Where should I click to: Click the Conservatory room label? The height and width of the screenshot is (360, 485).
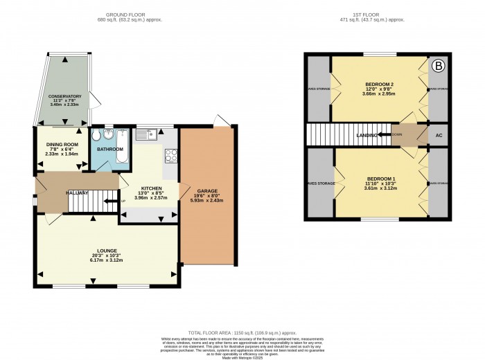tap(65, 96)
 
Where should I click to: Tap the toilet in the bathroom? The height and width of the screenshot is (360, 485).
tap(107, 135)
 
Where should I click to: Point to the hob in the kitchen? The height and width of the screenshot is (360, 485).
tap(170, 156)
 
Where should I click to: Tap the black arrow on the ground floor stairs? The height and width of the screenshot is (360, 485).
tap(107, 201)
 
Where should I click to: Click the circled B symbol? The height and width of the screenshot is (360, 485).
tap(438, 66)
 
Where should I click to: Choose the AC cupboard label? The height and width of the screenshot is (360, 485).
tap(438, 135)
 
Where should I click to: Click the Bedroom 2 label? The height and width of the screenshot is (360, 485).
tap(379, 84)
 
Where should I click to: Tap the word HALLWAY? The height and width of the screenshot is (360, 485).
tap(77, 192)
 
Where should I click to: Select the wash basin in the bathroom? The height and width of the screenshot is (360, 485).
tap(96, 136)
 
